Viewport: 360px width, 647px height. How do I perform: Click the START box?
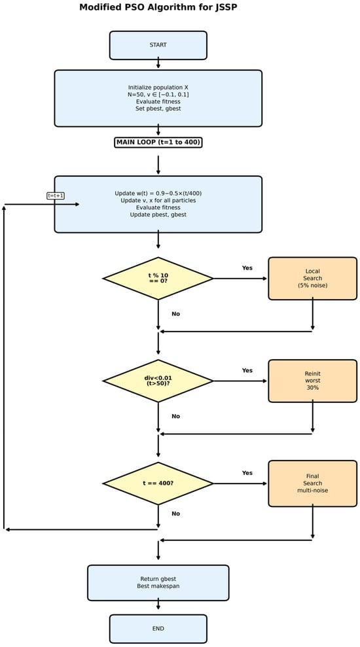click(x=158, y=45)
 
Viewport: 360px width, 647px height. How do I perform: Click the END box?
click(x=158, y=629)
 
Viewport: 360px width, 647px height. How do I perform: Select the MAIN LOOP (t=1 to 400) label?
click(x=158, y=142)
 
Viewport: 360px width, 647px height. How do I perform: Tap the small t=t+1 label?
click(x=56, y=196)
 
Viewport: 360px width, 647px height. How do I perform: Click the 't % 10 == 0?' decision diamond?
click(x=158, y=278)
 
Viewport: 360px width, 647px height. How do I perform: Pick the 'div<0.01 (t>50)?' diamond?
click(x=158, y=381)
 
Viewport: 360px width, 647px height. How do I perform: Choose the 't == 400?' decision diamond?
click(x=158, y=483)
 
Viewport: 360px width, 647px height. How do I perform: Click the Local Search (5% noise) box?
click(x=312, y=278)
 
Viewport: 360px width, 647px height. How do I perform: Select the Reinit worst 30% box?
click(x=312, y=381)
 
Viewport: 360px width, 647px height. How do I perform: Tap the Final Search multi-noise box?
click(x=312, y=483)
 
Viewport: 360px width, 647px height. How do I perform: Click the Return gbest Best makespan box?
click(x=158, y=582)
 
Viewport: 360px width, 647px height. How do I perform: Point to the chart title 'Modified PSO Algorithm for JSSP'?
click(x=158, y=8)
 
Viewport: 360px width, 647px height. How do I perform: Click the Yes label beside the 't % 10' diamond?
click(x=247, y=268)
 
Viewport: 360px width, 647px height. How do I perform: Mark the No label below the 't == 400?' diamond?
click(x=175, y=514)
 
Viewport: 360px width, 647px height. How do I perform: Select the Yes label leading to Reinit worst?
click(x=247, y=370)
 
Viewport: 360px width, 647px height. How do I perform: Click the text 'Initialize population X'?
click(x=158, y=87)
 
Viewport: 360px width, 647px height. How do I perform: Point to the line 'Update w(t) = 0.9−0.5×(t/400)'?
click(x=158, y=193)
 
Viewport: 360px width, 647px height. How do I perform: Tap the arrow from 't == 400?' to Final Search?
click(x=240, y=483)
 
